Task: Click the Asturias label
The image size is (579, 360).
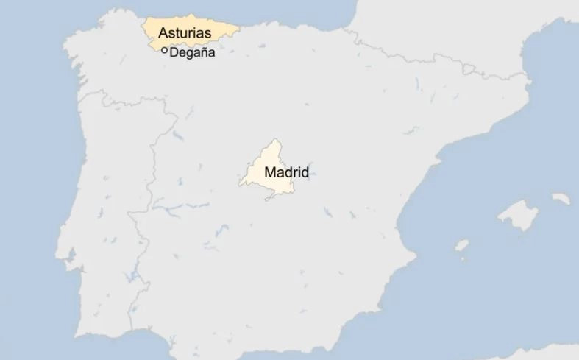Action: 185,33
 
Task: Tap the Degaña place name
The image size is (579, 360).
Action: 192,52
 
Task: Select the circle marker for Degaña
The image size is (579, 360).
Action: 164,51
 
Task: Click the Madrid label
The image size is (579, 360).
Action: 286,173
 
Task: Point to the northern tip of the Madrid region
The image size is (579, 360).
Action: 275,140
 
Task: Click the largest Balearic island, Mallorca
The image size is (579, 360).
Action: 518,214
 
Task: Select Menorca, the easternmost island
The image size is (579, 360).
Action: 561,198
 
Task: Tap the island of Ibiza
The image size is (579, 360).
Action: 461,245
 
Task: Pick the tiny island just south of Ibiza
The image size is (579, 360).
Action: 463,258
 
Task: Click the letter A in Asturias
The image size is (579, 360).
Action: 163,33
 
